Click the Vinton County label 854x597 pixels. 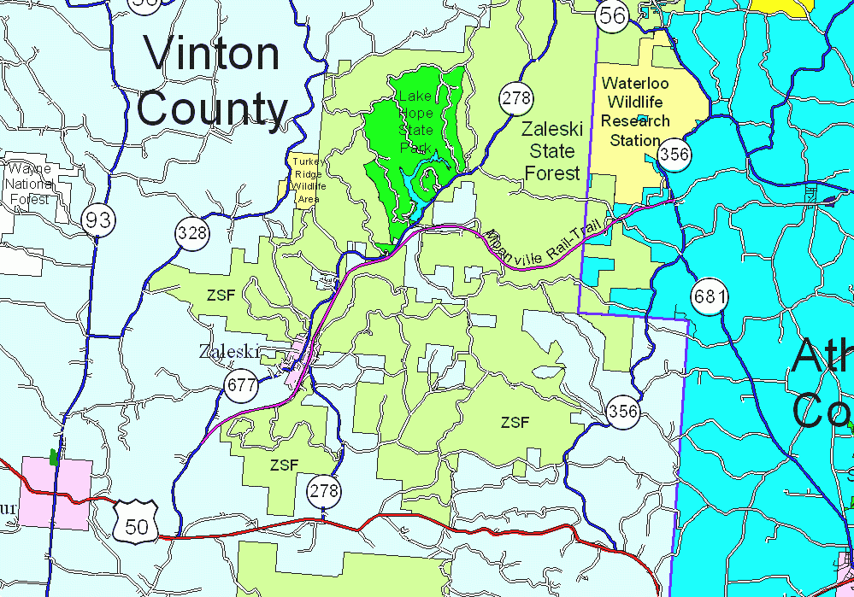(212, 82)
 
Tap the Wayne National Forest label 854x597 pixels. (29, 184)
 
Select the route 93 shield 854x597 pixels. (99, 220)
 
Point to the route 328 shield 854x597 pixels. (192, 232)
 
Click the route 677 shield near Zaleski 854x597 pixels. (242, 385)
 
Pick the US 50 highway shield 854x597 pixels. (136, 522)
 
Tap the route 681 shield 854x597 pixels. (710, 297)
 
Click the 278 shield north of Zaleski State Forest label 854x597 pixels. (516, 98)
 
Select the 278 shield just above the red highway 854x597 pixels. (324, 491)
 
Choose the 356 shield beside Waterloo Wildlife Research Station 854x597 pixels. (675, 155)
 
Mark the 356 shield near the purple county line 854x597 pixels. (623, 412)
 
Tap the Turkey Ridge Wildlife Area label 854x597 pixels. (308, 179)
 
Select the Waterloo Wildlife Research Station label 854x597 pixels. (635, 111)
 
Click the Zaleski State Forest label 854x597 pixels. (552, 151)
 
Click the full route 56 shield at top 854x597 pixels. (612, 15)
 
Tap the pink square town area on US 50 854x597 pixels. (56, 493)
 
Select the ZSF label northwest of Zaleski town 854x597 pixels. (221, 296)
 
